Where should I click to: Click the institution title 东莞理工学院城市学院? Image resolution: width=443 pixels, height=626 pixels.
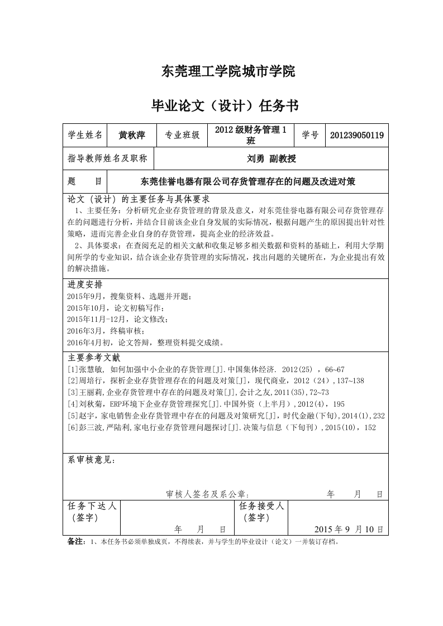[227, 71]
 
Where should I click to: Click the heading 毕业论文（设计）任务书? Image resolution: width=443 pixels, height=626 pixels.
[226, 105]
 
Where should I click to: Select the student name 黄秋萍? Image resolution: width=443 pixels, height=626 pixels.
[132, 135]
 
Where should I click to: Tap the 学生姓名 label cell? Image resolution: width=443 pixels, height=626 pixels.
[85, 135]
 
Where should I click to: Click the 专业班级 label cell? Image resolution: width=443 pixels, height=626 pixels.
[182, 135]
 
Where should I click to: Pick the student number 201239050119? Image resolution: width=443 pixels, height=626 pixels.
[356, 135]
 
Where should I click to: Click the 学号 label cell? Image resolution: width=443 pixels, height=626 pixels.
[310, 135]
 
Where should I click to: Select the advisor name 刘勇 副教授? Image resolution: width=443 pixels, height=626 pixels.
[271, 158]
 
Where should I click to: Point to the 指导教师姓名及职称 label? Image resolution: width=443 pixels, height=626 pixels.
[107, 158]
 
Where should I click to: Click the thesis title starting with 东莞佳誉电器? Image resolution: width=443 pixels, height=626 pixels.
[248, 181]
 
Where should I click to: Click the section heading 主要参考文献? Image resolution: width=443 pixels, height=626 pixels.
[94, 358]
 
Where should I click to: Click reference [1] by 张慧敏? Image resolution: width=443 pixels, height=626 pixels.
[206, 369]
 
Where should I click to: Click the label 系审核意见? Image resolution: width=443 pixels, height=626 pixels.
[92, 460]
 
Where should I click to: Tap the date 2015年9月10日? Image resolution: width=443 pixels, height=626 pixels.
[349, 529]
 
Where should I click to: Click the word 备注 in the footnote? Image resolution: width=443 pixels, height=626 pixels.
[75, 541]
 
